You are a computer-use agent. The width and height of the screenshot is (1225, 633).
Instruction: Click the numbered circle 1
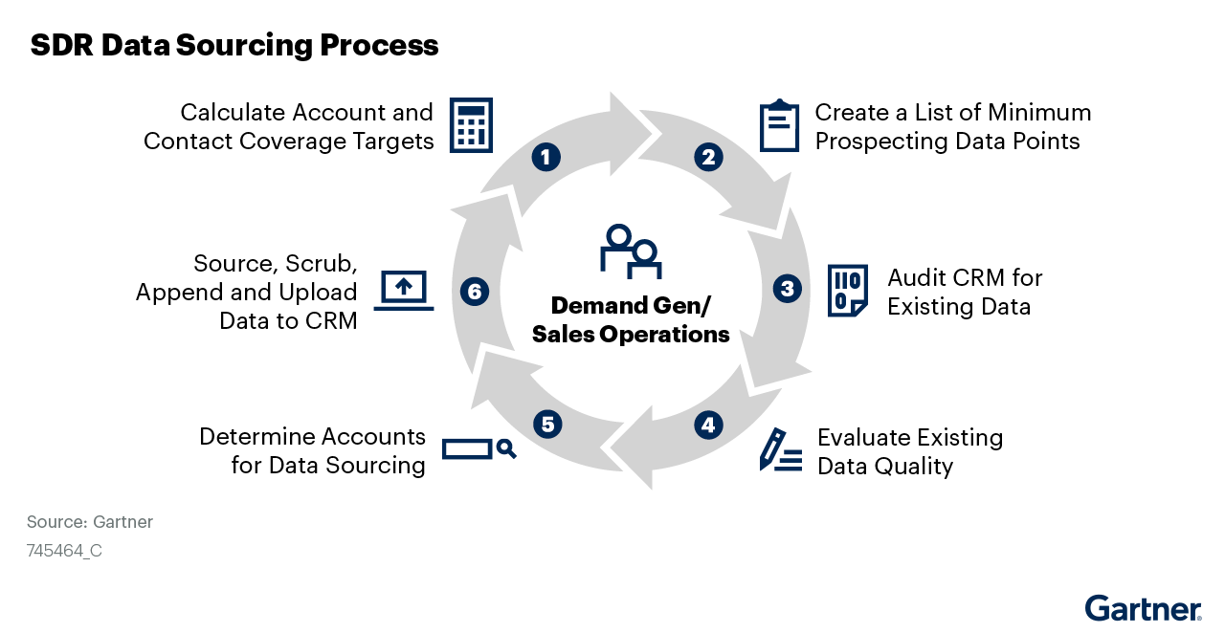[545, 157]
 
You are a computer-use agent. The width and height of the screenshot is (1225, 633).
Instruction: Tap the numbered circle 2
[708, 157]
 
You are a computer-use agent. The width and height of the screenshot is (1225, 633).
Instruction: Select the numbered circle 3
[787, 289]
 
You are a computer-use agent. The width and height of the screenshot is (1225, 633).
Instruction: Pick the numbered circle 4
[707, 425]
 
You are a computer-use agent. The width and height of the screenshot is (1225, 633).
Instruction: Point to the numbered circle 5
[547, 425]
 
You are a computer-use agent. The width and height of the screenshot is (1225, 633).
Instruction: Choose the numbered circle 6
[475, 292]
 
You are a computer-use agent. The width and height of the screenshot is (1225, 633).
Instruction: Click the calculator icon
[471, 125]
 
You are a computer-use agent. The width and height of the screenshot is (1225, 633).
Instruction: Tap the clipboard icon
[779, 125]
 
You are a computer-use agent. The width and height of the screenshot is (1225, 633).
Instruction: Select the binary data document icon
[847, 291]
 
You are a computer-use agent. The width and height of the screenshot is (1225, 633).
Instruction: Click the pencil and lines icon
[780, 450]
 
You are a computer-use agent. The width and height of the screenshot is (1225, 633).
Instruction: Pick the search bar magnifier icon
[479, 448]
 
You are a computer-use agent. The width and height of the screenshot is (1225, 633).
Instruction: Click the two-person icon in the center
[631, 251]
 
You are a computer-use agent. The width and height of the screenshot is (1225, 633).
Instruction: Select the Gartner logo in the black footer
[1143, 609]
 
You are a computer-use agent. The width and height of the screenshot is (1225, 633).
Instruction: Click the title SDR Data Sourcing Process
[234, 45]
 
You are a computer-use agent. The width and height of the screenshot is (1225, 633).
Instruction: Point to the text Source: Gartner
[90, 522]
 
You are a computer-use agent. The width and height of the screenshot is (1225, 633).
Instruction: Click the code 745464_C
[64, 551]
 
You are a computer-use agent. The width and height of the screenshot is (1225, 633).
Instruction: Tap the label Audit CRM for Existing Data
[964, 292]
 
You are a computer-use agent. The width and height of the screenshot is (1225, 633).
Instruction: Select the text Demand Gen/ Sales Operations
[631, 320]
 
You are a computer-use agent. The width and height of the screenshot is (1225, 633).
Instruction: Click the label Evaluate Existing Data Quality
[909, 451]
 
